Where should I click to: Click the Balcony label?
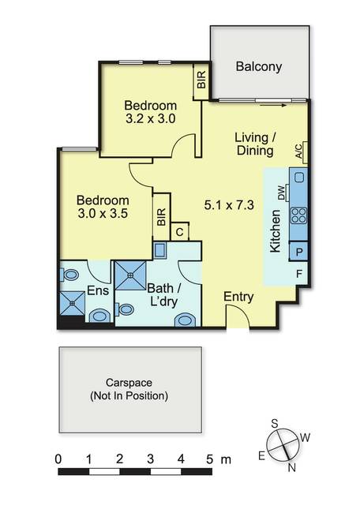click(x=259, y=66)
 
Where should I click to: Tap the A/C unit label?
click(x=299, y=151)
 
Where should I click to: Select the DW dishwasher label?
click(x=281, y=193)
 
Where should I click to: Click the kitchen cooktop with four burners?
click(x=298, y=215)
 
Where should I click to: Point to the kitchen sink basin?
click(x=299, y=178)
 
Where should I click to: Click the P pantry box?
click(x=298, y=252)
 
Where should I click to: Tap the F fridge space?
click(x=299, y=274)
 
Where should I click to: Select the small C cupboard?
click(x=179, y=232)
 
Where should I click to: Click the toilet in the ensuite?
click(x=69, y=275)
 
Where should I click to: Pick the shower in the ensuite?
click(x=72, y=303)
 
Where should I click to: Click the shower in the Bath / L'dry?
click(x=130, y=275)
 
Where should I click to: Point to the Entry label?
click(x=238, y=297)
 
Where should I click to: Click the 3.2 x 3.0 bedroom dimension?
click(x=151, y=118)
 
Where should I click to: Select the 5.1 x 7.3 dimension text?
click(x=229, y=205)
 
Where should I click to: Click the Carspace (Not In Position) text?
click(x=129, y=389)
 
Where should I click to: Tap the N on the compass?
click(x=291, y=468)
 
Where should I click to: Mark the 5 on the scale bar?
click(x=210, y=459)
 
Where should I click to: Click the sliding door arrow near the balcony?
click(x=273, y=105)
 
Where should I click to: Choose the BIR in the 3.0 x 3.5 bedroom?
click(x=161, y=217)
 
